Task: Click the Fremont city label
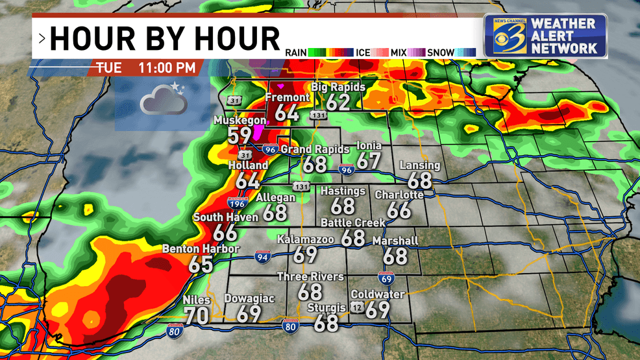[288, 98]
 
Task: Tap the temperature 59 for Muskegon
[239, 136]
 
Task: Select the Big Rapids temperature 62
[338, 101]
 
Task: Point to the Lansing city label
[419, 165]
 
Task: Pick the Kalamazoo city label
[305, 240]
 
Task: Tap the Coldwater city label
[377, 294]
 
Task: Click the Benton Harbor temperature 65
[201, 264]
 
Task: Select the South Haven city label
[226, 217]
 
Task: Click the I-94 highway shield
[263, 256]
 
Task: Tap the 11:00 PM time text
[166, 67]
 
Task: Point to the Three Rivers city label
[310, 277]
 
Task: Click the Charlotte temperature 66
[399, 210]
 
